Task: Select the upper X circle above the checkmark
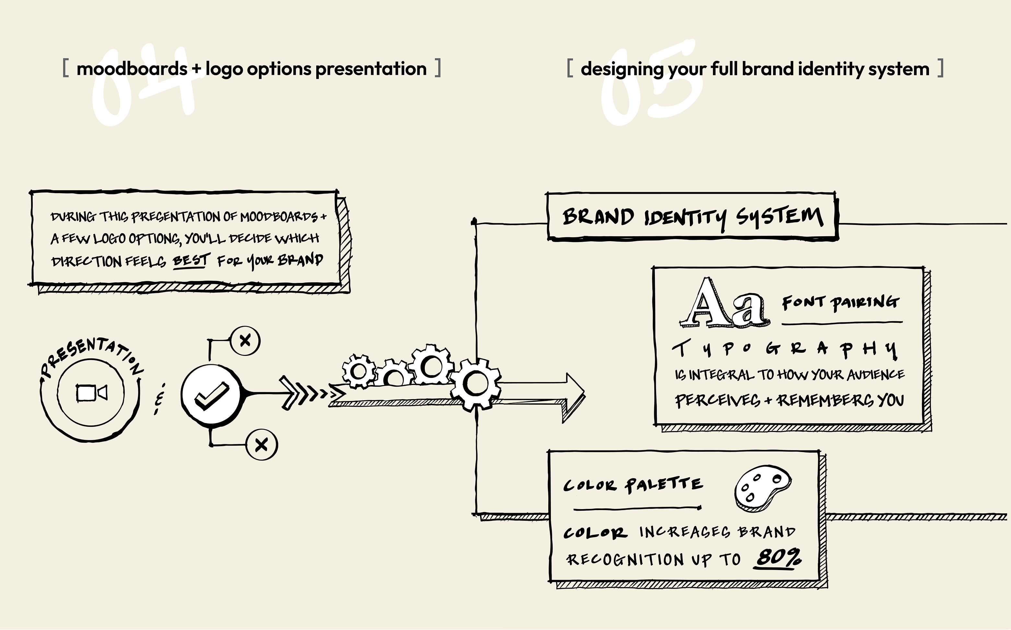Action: [245, 340]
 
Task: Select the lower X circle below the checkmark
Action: [261, 445]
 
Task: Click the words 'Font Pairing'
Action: [841, 302]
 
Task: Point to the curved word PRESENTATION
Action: [92, 354]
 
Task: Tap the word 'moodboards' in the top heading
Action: [132, 69]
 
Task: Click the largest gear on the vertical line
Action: [475, 384]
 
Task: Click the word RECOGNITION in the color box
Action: [625, 559]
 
